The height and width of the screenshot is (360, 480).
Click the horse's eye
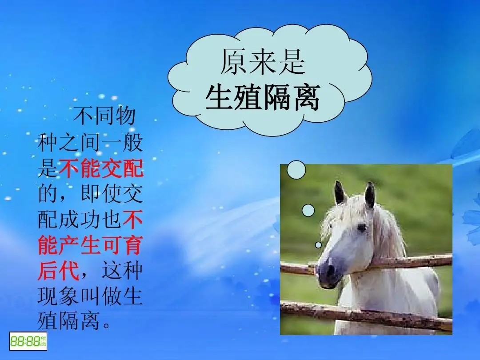(x=362, y=228)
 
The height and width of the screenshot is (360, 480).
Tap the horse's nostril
(x=330, y=270)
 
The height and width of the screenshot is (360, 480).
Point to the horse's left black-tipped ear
(x=340, y=193)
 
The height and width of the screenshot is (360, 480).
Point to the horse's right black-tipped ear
(x=370, y=195)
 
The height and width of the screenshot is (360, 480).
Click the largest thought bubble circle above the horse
(x=296, y=170)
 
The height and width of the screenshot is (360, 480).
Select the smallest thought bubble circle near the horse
(x=318, y=245)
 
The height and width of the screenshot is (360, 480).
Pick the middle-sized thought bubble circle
(x=308, y=210)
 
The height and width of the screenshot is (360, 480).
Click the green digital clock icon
(x=28, y=341)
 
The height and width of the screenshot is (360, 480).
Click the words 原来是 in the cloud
(x=263, y=62)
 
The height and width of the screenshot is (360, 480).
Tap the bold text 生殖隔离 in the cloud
(x=263, y=97)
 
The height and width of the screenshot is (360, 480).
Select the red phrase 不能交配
(x=101, y=168)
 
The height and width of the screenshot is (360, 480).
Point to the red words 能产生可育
(x=90, y=245)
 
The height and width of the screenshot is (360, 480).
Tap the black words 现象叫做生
(x=90, y=296)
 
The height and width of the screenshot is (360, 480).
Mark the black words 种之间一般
(x=90, y=142)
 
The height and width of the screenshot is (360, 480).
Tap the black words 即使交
(x=112, y=193)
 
